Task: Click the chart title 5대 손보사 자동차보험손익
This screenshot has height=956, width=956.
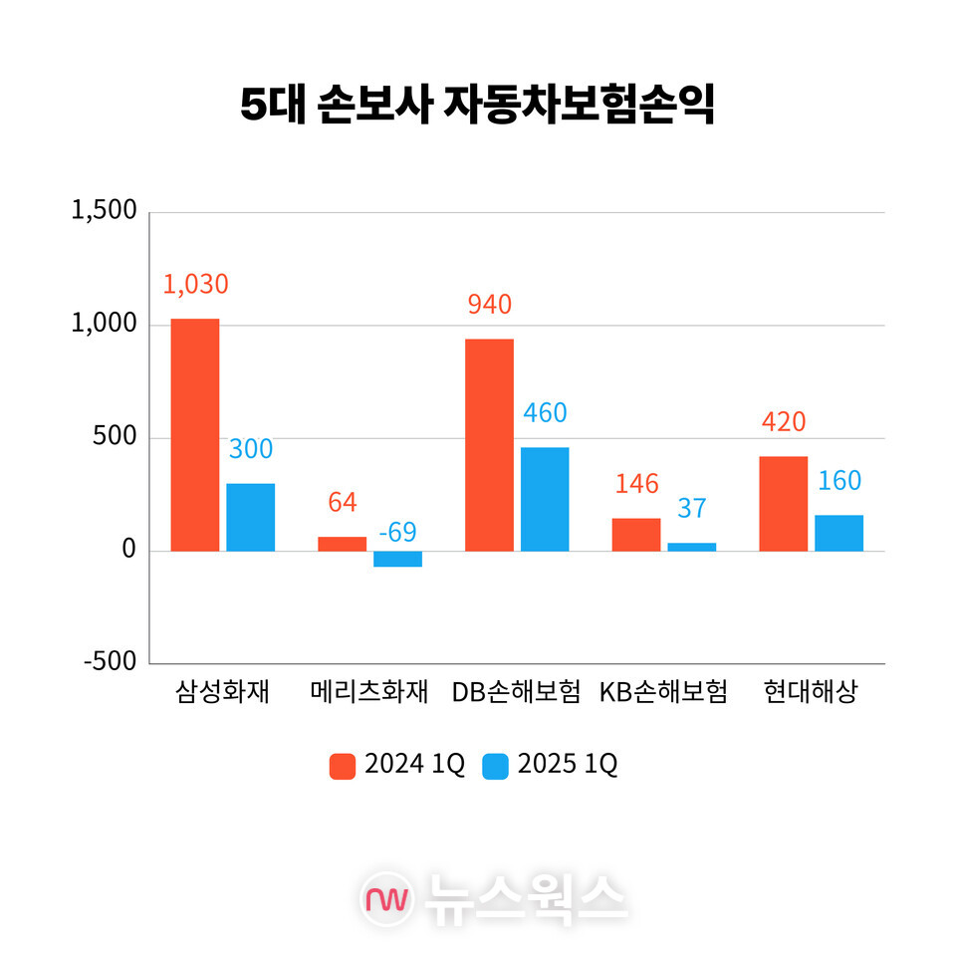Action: click(478, 106)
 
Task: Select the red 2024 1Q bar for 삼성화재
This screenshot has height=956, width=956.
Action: click(194, 434)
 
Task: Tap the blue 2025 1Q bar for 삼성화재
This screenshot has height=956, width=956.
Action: click(250, 517)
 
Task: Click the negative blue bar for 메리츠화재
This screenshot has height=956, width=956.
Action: click(397, 559)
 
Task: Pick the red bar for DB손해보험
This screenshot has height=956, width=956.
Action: click(489, 444)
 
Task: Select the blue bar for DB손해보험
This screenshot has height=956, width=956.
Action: click(545, 499)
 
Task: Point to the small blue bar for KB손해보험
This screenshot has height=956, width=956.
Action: click(691, 547)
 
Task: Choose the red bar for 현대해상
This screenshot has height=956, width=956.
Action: click(783, 503)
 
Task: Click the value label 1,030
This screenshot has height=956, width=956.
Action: click(195, 284)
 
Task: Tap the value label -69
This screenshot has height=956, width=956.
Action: click(397, 532)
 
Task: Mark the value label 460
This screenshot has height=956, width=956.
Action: click(545, 413)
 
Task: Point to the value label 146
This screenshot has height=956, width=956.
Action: click(636, 484)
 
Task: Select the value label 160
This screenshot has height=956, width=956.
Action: click(838, 481)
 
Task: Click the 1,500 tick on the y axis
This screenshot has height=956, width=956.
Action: click(104, 212)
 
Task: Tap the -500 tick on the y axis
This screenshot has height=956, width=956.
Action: click(110, 663)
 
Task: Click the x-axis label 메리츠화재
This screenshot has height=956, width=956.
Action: click(368, 692)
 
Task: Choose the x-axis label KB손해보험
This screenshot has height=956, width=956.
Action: click(663, 692)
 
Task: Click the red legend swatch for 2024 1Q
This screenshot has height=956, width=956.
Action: click(343, 766)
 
